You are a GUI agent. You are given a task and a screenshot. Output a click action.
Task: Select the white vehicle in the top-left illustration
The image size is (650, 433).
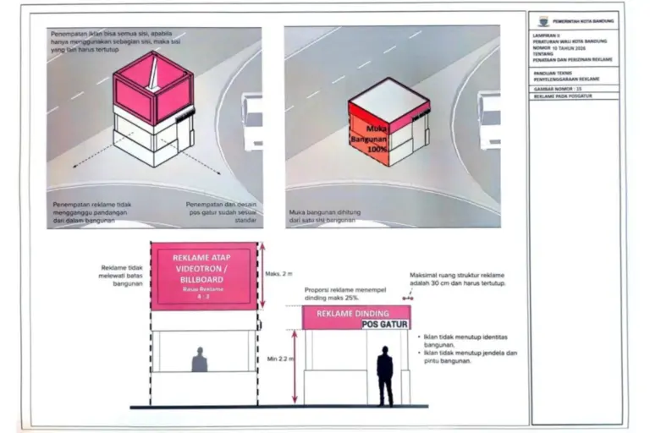(x=251, y=118)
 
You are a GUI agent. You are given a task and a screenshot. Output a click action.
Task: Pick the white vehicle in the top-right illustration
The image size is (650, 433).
(x=489, y=118)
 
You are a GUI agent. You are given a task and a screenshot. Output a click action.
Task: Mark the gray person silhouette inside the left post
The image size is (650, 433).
(x=200, y=360)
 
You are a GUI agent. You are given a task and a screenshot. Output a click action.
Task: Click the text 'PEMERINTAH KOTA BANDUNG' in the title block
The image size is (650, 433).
(x=584, y=20)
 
